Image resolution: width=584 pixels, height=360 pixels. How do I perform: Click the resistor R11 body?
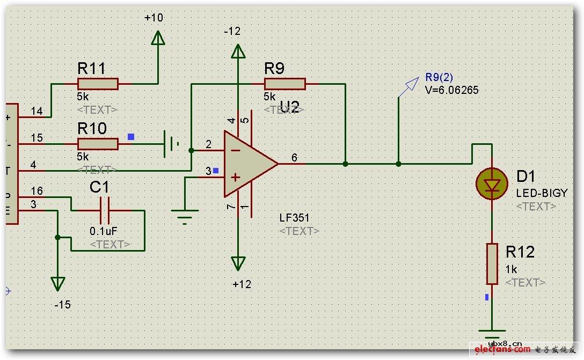(x=97, y=84)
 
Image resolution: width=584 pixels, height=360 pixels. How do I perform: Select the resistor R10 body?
(x=98, y=144)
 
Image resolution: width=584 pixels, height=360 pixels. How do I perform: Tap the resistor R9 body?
(x=284, y=84)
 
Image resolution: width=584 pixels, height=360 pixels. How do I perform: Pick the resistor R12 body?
(x=492, y=263)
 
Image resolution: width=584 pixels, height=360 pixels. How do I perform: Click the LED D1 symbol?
(x=492, y=183)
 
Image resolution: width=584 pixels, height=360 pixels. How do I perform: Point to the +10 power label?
(x=154, y=18)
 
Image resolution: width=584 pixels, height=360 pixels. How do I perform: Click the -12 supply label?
(x=232, y=32)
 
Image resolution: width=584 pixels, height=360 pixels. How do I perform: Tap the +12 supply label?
(x=242, y=284)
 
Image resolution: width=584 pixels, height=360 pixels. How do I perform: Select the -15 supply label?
(x=62, y=305)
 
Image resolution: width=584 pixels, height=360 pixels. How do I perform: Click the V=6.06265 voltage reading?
(x=451, y=90)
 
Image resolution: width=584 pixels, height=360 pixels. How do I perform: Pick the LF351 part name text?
(x=294, y=218)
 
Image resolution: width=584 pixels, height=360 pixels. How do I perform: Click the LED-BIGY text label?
(x=541, y=193)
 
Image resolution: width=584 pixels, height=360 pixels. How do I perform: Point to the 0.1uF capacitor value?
(x=103, y=232)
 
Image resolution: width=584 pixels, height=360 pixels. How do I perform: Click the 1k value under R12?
(x=512, y=270)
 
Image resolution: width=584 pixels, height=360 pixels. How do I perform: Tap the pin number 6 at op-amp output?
(x=294, y=157)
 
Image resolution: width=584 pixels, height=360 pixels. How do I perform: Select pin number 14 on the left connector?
(x=36, y=111)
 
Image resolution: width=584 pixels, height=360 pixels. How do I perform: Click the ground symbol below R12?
(x=492, y=333)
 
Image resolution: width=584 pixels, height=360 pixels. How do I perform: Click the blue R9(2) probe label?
(x=439, y=77)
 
